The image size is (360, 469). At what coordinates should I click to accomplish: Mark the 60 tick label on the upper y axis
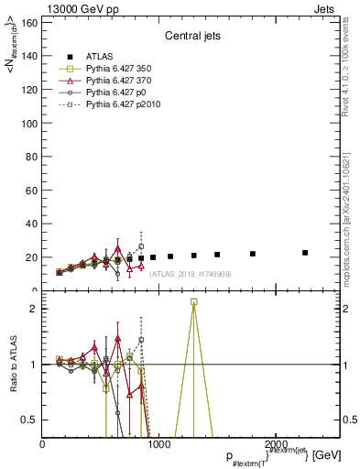click(x=31, y=191)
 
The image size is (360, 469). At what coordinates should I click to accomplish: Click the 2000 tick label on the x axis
click(x=272, y=443)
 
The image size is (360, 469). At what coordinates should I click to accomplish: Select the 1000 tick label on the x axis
click(x=158, y=443)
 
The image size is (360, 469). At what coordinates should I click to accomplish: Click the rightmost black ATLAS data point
click(x=305, y=253)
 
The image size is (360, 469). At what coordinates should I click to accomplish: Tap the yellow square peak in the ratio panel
click(x=193, y=301)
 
